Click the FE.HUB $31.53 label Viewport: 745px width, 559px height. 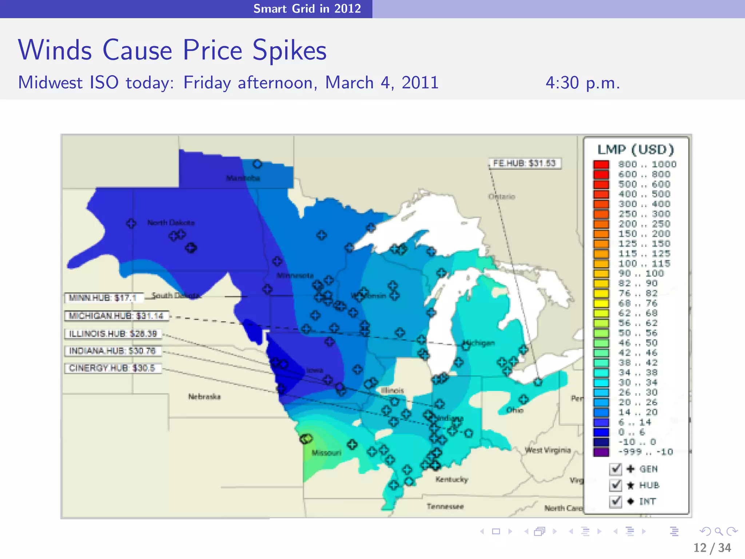pos(524,163)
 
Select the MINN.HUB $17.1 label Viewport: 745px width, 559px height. pos(103,298)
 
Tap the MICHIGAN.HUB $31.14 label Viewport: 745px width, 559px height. pos(116,316)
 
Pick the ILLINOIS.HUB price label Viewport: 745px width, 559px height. pos(113,334)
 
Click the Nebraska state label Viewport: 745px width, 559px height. pos(204,397)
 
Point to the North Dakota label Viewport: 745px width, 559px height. pos(171,223)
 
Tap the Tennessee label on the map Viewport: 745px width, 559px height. pos(445,507)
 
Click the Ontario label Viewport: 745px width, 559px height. pos(502,197)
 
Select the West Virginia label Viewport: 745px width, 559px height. pos(548,451)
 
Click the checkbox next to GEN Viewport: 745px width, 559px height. pos(615,469)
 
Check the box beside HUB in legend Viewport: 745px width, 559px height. pos(615,485)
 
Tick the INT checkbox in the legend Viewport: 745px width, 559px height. pos(615,501)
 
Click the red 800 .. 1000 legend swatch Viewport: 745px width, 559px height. pos(601,164)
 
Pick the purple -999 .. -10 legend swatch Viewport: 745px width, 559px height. pos(601,452)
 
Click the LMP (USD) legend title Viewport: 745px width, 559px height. pos(636,150)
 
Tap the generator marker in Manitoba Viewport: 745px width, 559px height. pos(257,164)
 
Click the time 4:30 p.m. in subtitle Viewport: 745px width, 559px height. pos(582,83)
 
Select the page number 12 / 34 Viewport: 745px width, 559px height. pos(712,548)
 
